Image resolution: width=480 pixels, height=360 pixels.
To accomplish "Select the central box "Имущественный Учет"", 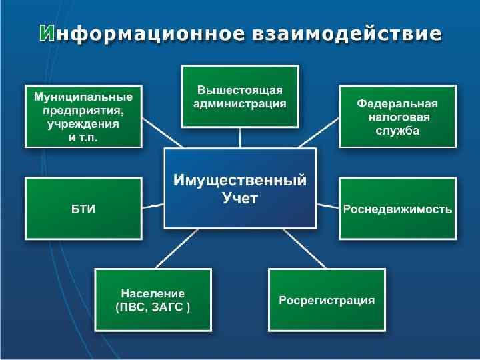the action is pyautogui.click(x=240, y=188).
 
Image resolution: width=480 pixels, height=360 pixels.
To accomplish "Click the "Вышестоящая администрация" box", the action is pyautogui.click(x=240, y=96).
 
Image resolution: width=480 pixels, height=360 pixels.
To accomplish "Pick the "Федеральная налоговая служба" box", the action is pyautogui.click(x=397, y=116).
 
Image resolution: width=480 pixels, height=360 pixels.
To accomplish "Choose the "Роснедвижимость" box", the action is pyautogui.click(x=397, y=209).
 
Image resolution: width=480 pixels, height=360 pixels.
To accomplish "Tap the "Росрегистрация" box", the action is pyautogui.click(x=327, y=300).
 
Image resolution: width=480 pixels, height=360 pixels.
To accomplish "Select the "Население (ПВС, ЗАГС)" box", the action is pyautogui.click(x=153, y=300).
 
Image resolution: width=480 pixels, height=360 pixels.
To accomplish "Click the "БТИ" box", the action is pyautogui.click(x=83, y=209).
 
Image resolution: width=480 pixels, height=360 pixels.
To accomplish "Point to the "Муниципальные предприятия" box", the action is pyautogui.click(x=83, y=116).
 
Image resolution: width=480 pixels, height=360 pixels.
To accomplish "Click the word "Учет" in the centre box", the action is pyautogui.click(x=240, y=197).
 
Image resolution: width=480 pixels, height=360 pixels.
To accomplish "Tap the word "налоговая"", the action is pyautogui.click(x=397, y=117).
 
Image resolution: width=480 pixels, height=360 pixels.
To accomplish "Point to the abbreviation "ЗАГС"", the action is pyautogui.click(x=173, y=307).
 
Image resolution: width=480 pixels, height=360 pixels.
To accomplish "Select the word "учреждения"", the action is pyautogui.click(x=83, y=123).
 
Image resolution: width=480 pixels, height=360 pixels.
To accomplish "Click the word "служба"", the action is pyautogui.click(x=397, y=130).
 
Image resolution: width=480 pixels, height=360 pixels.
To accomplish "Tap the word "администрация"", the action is pyautogui.click(x=240, y=103).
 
